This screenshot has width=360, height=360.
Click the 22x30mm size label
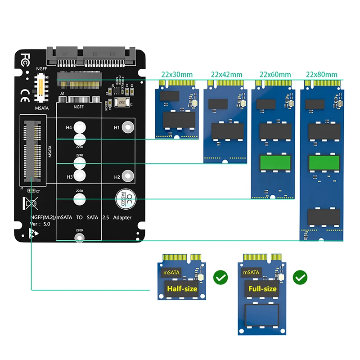(176, 74)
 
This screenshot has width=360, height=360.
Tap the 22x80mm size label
(321, 74)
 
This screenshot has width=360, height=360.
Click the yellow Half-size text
(182, 288)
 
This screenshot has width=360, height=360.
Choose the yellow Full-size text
(262, 288)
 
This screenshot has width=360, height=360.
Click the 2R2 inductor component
(121, 102)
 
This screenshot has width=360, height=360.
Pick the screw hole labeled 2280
(79, 238)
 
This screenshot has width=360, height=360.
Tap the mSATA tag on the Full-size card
(252, 273)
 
